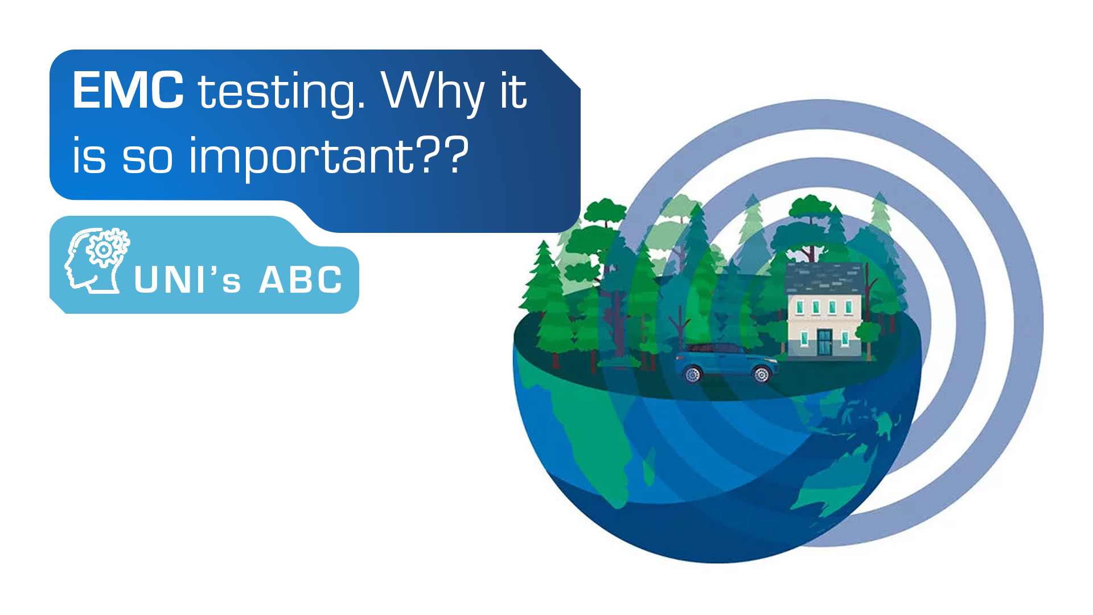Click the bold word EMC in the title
(128, 90)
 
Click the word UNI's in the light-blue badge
(187, 280)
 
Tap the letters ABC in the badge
(301, 280)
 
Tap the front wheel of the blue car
(761, 374)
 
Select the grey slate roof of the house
(824, 278)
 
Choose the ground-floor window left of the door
(804, 339)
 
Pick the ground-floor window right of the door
(845, 339)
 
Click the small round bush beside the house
(868, 333)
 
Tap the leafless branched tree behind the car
(679, 327)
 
